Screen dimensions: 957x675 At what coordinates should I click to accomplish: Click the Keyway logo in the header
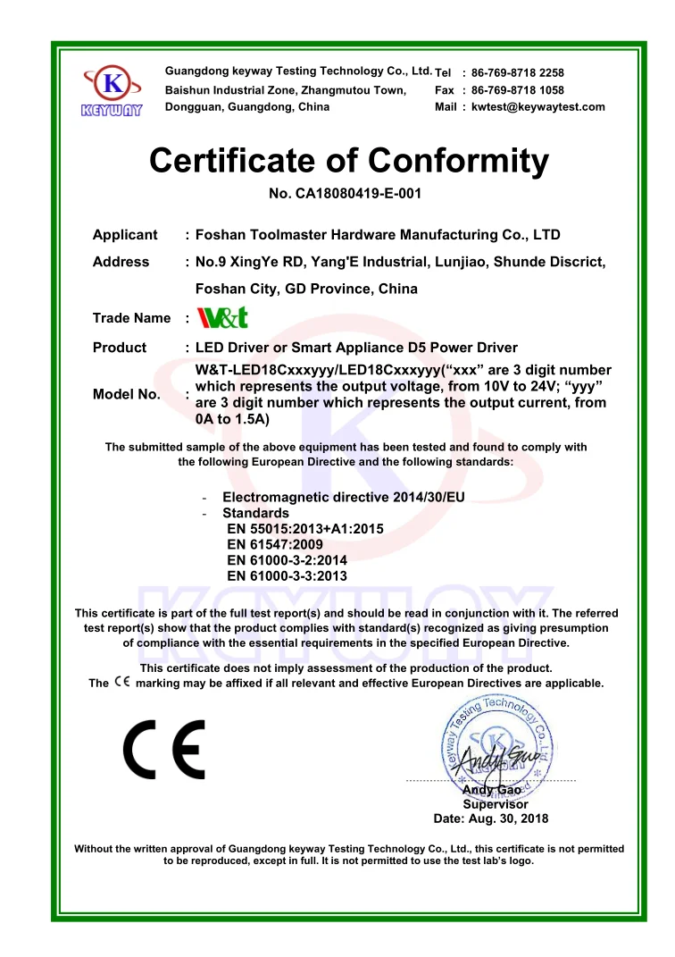click(112, 90)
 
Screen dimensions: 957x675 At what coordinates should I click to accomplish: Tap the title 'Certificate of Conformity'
click(349, 160)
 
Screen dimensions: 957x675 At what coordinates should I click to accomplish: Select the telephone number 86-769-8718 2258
click(517, 73)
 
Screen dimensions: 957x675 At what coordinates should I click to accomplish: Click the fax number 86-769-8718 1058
click(517, 90)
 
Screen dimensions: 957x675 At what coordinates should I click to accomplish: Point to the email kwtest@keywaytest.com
click(537, 107)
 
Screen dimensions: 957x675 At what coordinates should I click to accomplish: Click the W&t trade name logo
click(221, 318)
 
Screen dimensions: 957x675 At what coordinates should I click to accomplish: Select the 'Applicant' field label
click(125, 235)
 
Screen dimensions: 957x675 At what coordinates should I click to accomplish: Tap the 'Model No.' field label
click(127, 394)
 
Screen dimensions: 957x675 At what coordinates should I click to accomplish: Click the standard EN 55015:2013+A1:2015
click(305, 529)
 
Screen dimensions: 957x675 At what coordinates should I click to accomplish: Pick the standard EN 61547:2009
click(275, 544)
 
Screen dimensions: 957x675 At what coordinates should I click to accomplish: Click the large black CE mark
click(164, 749)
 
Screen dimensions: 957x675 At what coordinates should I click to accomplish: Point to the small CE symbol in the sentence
click(122, 683)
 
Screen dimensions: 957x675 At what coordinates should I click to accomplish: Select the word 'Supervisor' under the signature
click(495, 804)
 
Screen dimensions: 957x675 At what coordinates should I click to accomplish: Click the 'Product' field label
click(120, 348)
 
